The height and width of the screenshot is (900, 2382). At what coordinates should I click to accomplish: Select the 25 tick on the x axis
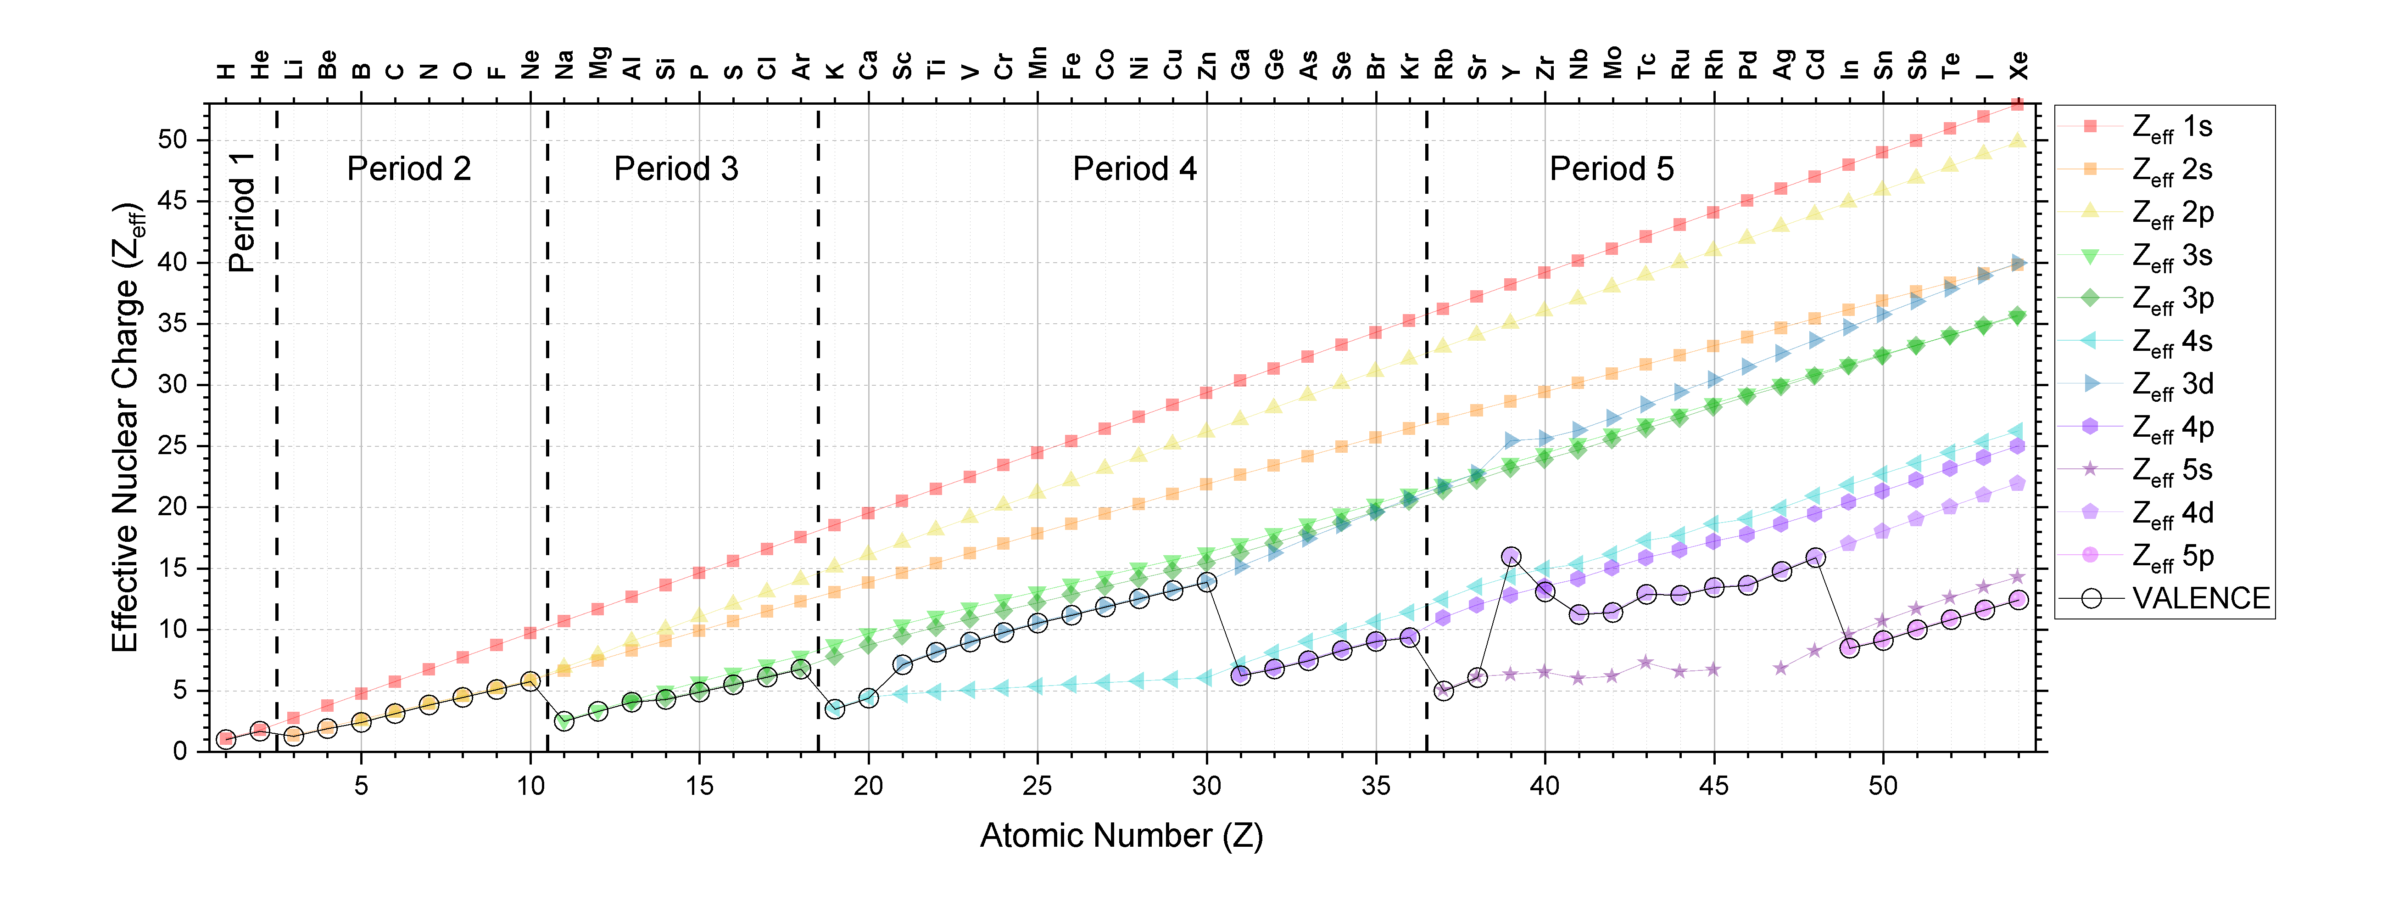(x=1037, y=785)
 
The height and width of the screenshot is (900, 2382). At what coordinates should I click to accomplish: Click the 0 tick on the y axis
(x=180, y=751)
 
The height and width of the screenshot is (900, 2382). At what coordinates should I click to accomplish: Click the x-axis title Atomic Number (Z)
(x=1121, y=835)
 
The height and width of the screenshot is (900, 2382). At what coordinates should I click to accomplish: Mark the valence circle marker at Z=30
(x=1206, y=582)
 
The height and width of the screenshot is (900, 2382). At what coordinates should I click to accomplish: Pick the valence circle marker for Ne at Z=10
(x=530, y=681)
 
